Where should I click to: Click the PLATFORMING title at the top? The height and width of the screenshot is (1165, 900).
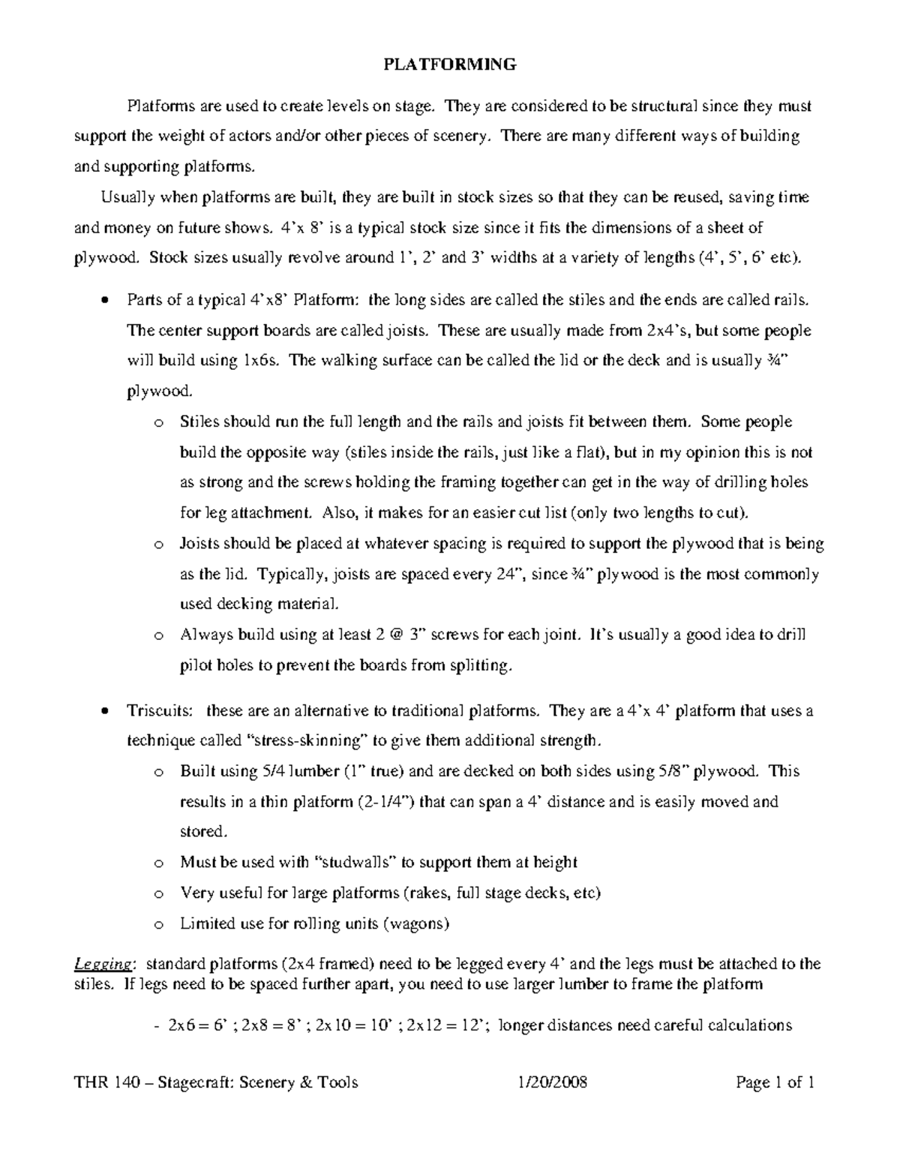(450, 65)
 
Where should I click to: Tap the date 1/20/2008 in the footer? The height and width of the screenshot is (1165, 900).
(552, 1082)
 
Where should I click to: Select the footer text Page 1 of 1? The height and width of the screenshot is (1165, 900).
(775, 1082)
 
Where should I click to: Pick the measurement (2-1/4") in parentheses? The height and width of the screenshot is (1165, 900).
(384, 802)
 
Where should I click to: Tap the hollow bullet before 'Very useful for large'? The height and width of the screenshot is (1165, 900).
(157, 894)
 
